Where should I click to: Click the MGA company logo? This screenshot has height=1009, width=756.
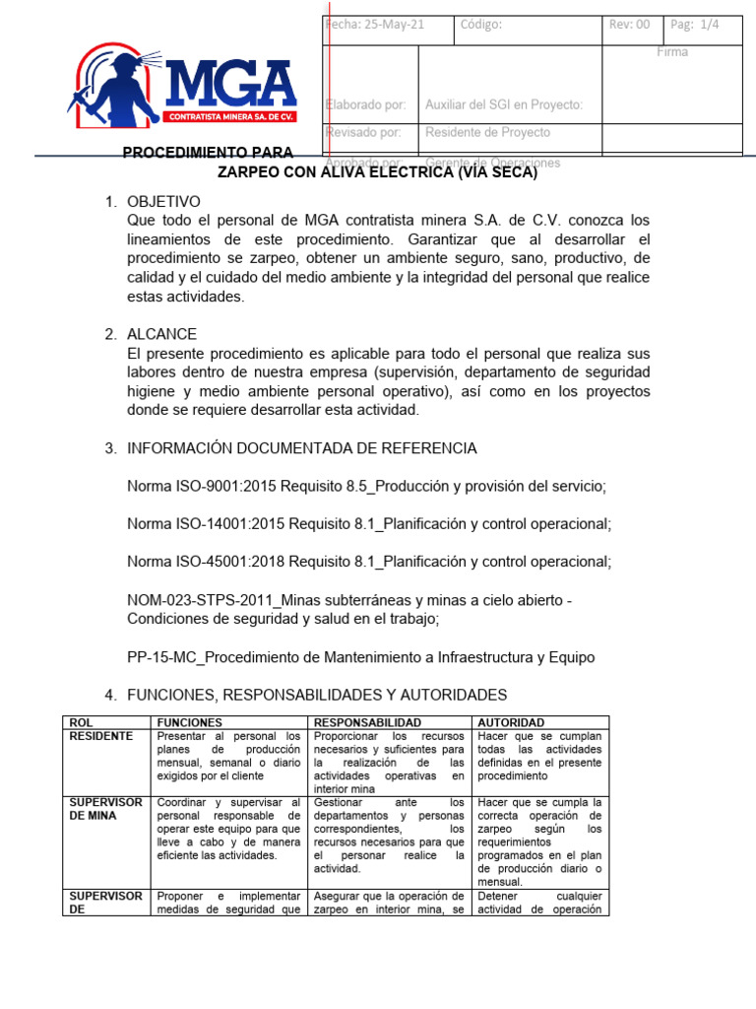point(182,88)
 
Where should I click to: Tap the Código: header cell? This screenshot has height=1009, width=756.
point(481,26)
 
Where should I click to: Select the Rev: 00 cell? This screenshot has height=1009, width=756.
point(629,26)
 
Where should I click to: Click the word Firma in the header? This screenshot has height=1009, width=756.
point(672,52)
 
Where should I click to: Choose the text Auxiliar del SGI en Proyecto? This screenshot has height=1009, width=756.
point(503,104)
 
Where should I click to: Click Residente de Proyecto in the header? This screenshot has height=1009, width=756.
point(487,132)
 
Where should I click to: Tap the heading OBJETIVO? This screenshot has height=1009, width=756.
point(163,201)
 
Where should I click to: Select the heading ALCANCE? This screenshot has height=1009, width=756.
point(161,334)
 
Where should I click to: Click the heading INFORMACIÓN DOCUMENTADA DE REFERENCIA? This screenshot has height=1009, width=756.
point(301,448)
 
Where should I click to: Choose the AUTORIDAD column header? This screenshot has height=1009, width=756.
point(510,722)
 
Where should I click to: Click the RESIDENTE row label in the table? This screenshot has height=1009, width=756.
point(98,735)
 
